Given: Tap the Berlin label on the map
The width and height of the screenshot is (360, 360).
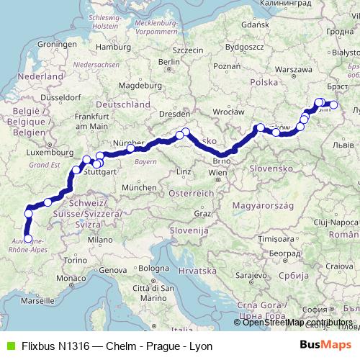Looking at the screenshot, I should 168,62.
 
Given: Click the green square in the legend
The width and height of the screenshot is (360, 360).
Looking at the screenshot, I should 9,346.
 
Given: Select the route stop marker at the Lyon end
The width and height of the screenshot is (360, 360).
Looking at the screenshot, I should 29,240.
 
